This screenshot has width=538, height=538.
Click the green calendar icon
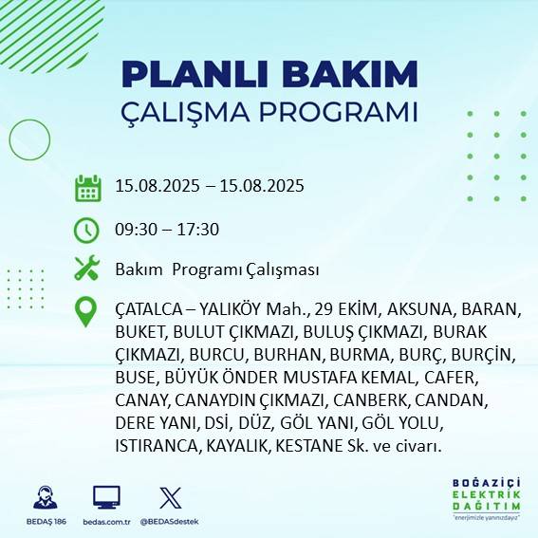[x=87, y=187]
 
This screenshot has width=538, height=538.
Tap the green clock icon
[x=87, y=229]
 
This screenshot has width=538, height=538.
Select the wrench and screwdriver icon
[x=87, y=269]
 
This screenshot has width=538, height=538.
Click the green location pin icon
[x=87, y=312]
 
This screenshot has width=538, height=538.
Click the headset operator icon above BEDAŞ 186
[x=43, y=497]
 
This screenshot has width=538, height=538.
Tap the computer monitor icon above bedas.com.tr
[x=106, y=497]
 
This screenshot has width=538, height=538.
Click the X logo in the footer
[x=171, y=497]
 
